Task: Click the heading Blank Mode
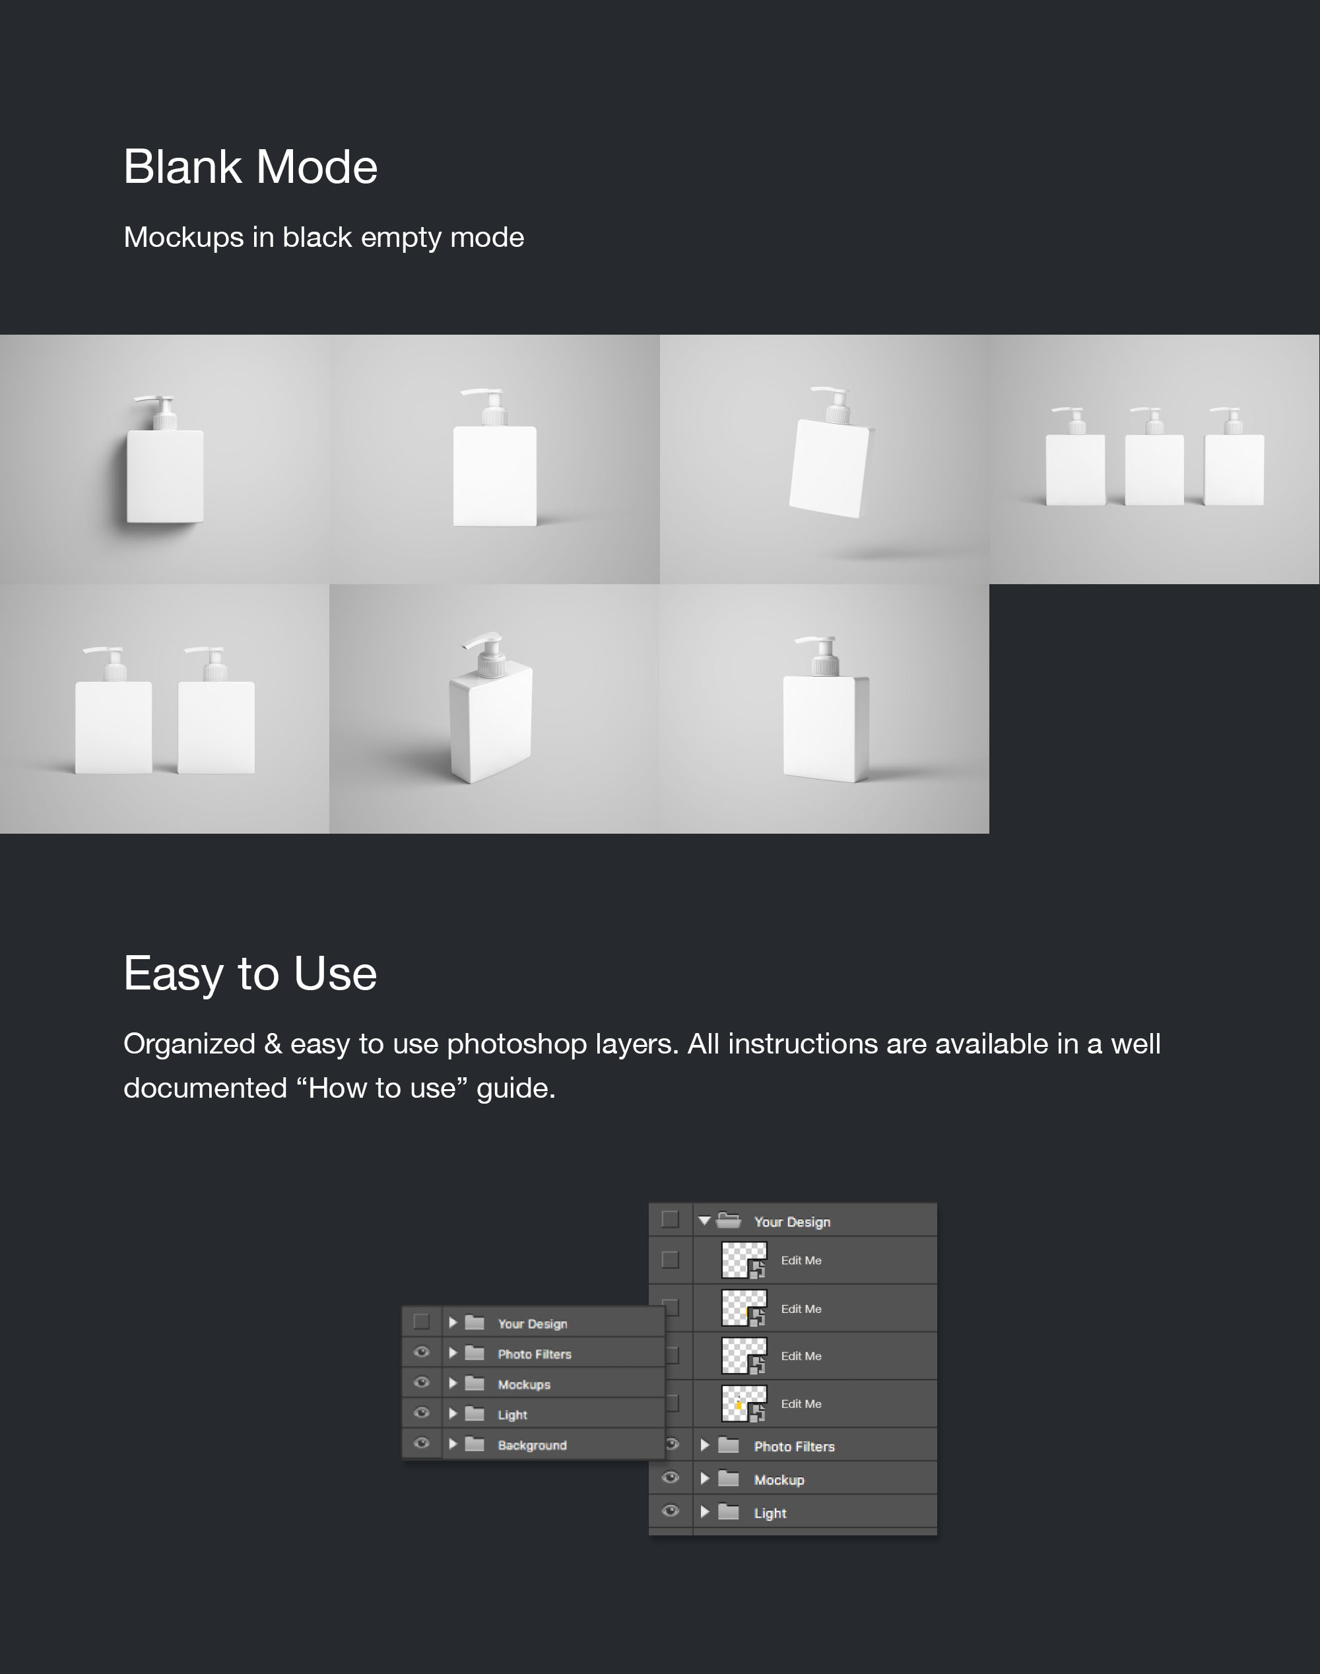click(250, 167)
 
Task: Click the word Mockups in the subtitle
click(184, 237)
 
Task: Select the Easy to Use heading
click(250, 973)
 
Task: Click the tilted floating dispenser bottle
click(831, 452)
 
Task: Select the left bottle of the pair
click(113, 710)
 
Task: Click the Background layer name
click(533, 1445)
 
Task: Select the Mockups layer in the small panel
click(524, 1384)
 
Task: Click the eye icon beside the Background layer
click(422, 1443)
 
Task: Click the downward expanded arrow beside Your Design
click(704, 1221)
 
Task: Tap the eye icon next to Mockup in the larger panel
click(671, 1478)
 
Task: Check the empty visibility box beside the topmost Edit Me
click(670, 1259)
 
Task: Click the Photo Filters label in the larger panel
click(795, 1447)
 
